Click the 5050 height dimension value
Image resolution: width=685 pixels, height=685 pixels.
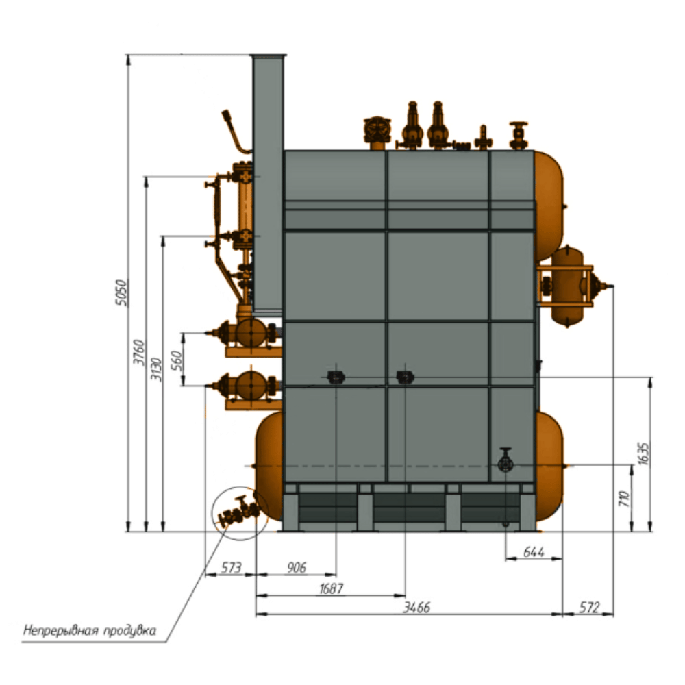(x=123, y=292)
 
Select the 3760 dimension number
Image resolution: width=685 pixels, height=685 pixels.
(x=139, y=352)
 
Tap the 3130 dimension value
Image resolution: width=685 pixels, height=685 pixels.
(x=156, y=369)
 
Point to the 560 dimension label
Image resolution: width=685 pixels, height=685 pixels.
(x=176, y=360)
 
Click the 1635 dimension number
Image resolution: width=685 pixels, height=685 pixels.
(x=643, y=453)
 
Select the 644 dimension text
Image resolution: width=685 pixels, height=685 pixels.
(x=534, y=551)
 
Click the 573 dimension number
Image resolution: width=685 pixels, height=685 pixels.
(x=231, y=567)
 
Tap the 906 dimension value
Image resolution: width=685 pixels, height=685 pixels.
(x=297, y=567)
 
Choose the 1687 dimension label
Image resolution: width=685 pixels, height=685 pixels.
(x=331, y=588)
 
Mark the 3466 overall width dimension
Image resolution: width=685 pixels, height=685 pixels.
(x=416, y=607)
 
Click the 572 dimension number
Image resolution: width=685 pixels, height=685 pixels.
(x=589, y=607)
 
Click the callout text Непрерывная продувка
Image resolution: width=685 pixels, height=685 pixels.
(x=90, y=630)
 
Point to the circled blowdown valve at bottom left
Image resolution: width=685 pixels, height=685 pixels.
(x=239, y=511)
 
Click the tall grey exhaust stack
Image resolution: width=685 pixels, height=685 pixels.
(x=267, y=184)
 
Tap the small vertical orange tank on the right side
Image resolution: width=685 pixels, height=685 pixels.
(x=567, y=286)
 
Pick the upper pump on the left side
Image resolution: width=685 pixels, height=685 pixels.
(x=247, y=333)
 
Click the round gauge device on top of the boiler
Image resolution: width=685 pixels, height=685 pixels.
(x=377, y=129)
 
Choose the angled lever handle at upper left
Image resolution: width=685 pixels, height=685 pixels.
(x=235, y=131)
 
